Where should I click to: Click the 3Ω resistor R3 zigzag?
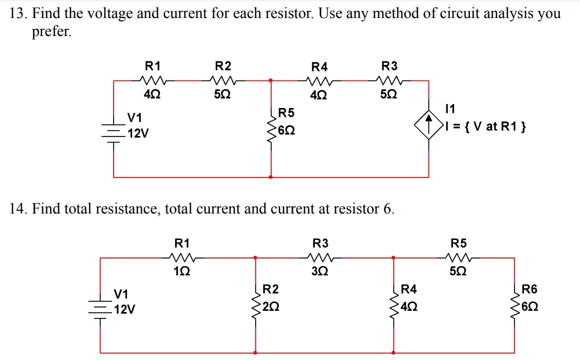320,258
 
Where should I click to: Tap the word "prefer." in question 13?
52,32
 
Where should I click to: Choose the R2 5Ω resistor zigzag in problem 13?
223,79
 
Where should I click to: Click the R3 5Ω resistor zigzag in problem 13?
390,79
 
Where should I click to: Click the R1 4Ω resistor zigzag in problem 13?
153,79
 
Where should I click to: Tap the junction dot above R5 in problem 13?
271,79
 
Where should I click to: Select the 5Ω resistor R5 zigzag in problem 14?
459,258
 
